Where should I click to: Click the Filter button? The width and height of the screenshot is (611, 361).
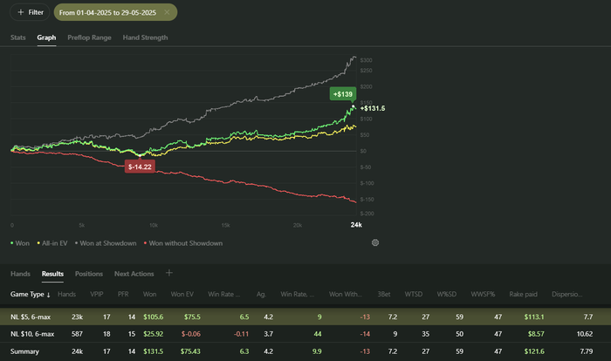tap(30, 12)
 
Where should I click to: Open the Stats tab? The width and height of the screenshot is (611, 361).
tap(18, 37)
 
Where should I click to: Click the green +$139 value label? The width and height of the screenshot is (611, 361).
tap(342, 92)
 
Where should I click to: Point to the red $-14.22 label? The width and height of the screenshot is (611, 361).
tap(140, 166)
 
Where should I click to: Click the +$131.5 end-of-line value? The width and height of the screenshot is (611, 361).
tap(373, 108)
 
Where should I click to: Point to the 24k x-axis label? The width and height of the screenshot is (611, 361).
tap(356, 225)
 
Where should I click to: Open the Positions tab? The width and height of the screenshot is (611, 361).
tap(88, 274)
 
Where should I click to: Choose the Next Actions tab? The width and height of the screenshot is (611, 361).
tap(134, 274)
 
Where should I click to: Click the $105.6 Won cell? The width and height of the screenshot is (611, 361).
tap(154, 317)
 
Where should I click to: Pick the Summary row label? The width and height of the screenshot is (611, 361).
tap(24, 351)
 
